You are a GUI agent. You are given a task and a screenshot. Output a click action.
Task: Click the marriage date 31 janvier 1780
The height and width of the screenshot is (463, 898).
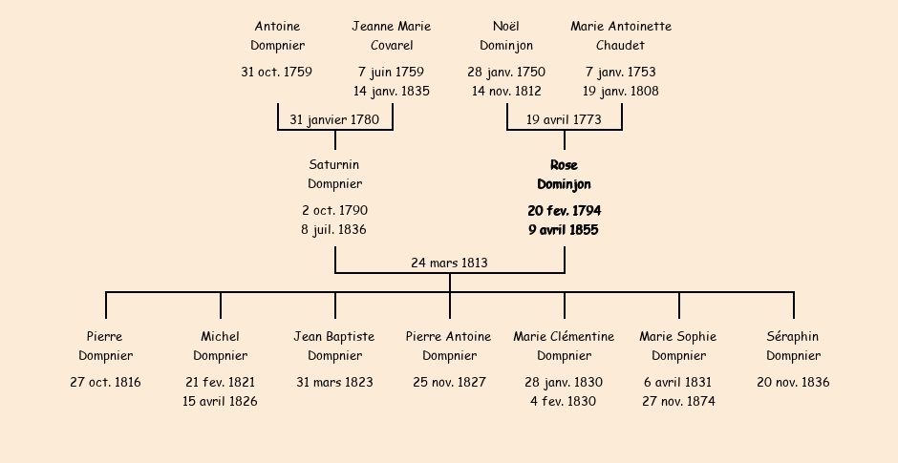click(x=334, y=119)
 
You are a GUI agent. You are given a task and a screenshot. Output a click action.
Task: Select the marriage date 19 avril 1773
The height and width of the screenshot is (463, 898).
click(x=564, y=119)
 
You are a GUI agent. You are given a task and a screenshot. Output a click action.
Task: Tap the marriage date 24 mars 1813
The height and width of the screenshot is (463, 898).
click(x=450, y=263)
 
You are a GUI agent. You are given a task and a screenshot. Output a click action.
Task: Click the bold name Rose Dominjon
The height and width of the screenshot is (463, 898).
click(x=564, y=175)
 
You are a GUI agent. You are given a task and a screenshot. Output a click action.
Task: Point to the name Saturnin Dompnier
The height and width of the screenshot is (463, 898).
click(x=335, y=175)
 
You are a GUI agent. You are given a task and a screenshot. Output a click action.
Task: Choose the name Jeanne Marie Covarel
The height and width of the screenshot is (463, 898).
click(x=392, y=35)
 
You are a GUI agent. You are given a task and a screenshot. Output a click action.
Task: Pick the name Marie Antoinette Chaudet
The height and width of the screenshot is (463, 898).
click(x=621, y=35)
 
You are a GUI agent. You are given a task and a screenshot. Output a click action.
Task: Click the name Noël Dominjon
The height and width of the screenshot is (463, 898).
click(x=506, y=35)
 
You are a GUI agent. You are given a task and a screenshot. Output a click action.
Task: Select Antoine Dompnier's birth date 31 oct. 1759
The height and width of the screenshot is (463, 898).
click(x=277, y=73)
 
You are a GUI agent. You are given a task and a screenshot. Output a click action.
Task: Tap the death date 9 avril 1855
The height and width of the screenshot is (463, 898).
click(x=564, y=230)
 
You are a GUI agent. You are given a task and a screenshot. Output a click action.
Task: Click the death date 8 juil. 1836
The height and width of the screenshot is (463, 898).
click(x=334, y=230)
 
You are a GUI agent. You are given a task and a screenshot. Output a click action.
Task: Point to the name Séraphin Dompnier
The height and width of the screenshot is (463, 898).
click(x=793, y=346)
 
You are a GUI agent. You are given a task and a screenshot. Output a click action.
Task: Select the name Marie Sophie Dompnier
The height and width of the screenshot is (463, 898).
click(x=678, y=346)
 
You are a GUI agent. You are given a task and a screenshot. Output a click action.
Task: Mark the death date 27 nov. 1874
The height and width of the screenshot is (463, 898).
click(x=678, y=402)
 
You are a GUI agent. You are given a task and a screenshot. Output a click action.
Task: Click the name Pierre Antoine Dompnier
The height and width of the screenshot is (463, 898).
click(x=449, y=346)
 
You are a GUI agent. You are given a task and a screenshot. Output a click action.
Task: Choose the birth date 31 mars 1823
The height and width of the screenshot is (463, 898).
click(x=335, y=382)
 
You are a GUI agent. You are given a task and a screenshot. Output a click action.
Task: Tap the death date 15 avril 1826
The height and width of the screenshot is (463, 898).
click(x=220, y=402)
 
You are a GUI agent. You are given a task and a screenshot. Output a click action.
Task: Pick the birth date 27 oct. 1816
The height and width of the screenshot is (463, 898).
click(x=105, y=382)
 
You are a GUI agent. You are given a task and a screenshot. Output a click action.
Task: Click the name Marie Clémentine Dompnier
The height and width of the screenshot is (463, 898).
click(x=564, y=346)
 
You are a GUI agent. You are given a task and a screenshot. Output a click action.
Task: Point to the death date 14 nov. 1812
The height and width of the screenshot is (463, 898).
click(x=506, y=91)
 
